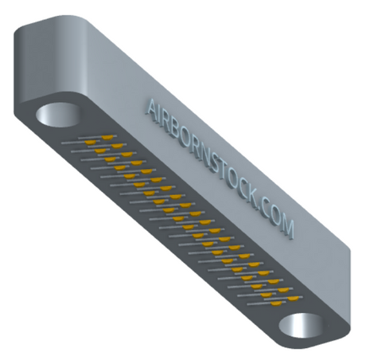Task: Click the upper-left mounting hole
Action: [x=57, y=115]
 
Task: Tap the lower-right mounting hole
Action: [x=302, y=326]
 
